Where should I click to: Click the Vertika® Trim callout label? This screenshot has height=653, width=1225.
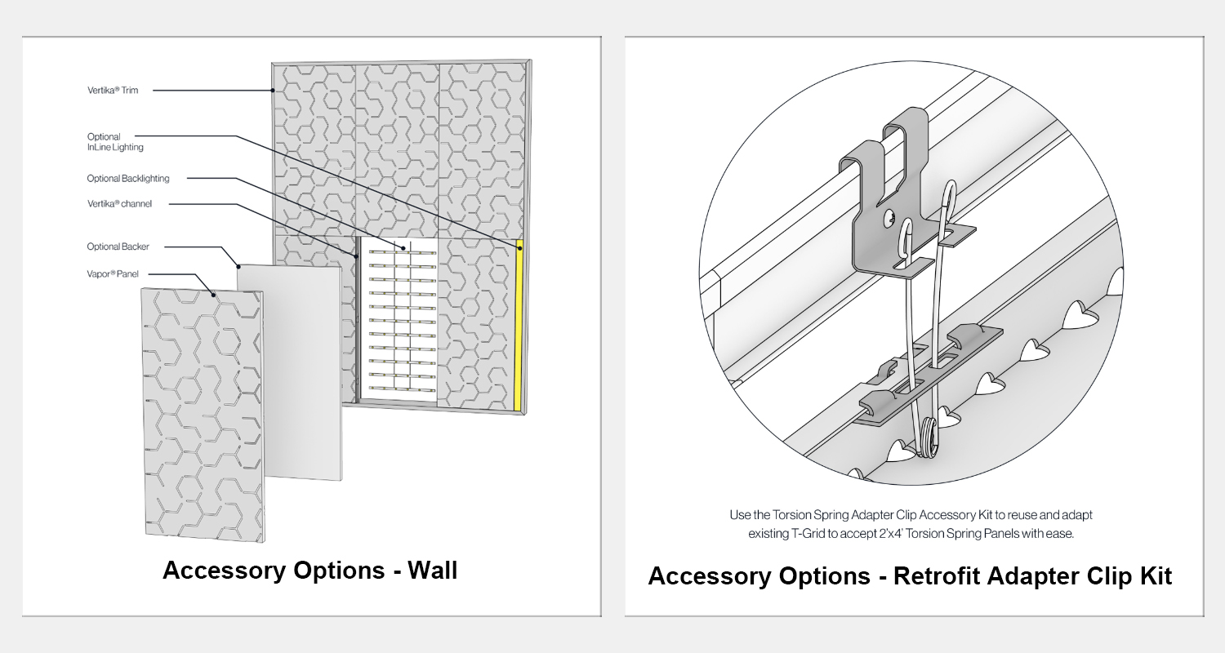(x=113, y=91)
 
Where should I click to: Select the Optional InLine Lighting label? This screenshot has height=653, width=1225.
(x=114, y=142)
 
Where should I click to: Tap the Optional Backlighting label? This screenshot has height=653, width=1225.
(x=128, y=178)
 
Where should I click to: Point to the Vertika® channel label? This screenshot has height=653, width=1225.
(x=119, y=203)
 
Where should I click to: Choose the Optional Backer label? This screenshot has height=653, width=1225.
(x=118, y=247)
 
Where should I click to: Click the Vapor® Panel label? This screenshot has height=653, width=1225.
(x=114, y=274)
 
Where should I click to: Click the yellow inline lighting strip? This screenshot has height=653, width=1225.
(x=518, y=326)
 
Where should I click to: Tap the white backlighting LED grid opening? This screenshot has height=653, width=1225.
(x=399, y=322)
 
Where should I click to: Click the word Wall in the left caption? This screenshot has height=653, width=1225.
(x=430, y=570)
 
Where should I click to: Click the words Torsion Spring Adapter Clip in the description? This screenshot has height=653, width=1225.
(x=847, y=515)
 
